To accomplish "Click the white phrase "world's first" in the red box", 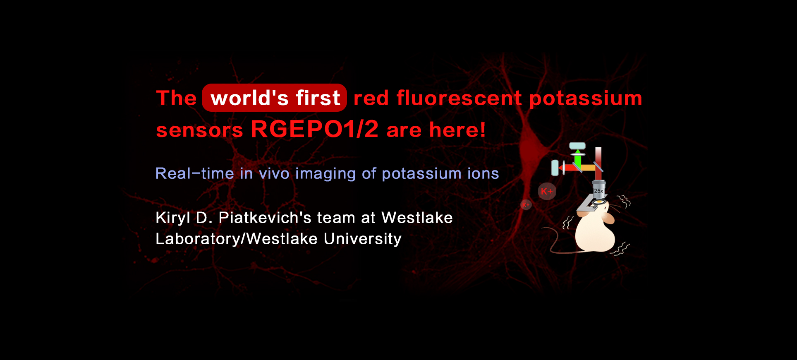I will click(x=275, y=98).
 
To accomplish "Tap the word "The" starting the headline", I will click(x=176, y=98).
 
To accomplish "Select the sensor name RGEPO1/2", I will click(x=314, y=129).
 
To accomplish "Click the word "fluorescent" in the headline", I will click(x=459, y=98).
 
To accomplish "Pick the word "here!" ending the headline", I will click(x=457, y=130).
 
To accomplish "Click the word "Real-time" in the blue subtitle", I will click(x=194, y=173).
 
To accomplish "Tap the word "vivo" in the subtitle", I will click(x=274, y=173).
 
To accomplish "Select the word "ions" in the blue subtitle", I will click(x=483, y=173).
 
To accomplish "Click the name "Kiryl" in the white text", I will click(x=172, y=218).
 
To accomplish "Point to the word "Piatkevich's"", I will click(x=265, y=218).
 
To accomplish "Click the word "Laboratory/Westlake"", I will click(x=236, y=239).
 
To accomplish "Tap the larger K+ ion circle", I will click(x=547, y=191).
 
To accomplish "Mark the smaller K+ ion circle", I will click(x=526, y=205).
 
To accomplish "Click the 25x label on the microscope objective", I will click(x=598, y=191).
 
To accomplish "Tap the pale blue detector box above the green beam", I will click(x=577, y=146).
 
